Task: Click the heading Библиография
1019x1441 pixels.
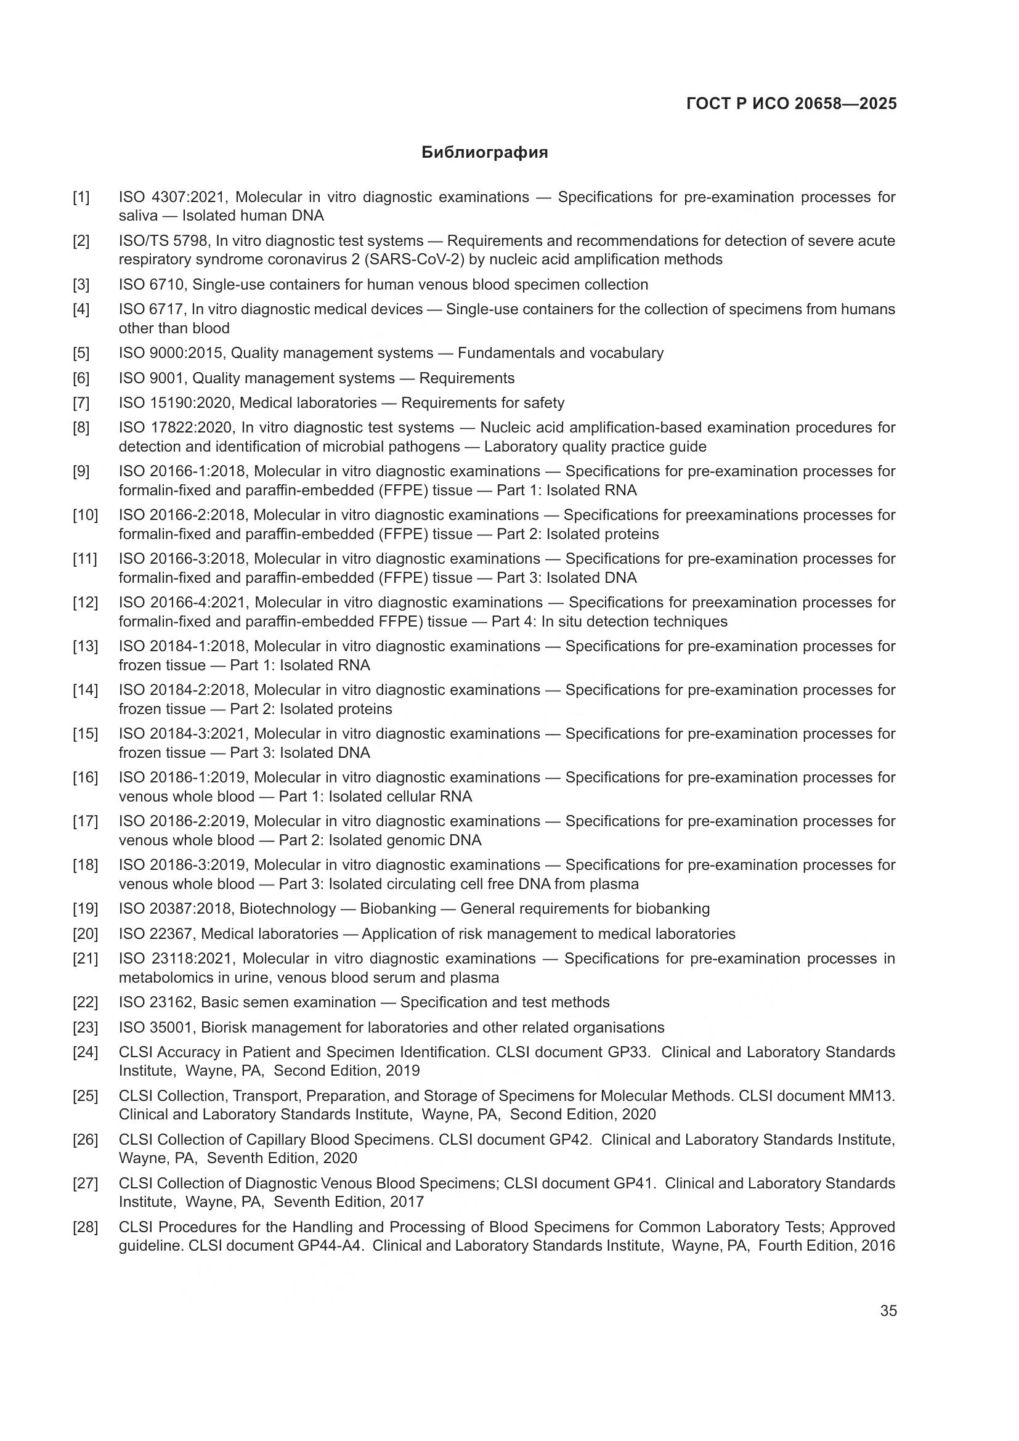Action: click(484, 153)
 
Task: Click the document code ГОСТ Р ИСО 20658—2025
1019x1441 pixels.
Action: click(791, 104)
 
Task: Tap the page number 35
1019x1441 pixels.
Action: click(888, 1310)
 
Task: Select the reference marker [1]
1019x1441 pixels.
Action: click(81, 198)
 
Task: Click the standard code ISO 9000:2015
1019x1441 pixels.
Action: click(170, 353)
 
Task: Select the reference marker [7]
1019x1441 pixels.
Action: click(81, 403)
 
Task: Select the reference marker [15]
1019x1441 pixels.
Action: click(84, 734)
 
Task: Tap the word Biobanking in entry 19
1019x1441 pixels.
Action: click(398, 909)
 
